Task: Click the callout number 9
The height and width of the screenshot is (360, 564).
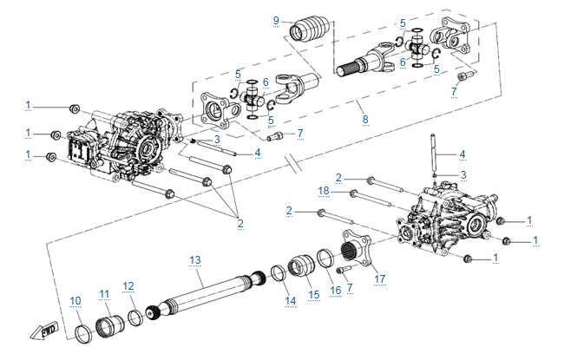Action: [276, 20]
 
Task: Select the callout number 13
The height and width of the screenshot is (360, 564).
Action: [195, 259]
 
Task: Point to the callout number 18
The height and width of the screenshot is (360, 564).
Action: [322, 190]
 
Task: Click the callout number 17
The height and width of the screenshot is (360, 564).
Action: [379, 278]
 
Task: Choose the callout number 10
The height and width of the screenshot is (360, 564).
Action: [75, 301]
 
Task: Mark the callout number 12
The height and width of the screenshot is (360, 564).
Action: [128, 285]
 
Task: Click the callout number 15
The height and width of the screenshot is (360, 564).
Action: [314, 294]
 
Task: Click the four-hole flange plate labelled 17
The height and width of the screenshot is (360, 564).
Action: [358, 252]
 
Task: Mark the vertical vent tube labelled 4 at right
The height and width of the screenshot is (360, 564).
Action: [432, 153]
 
